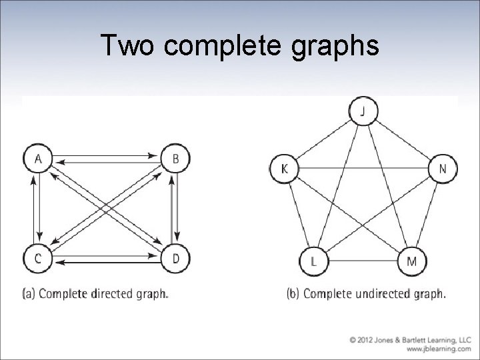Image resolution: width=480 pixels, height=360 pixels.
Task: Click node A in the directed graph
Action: coord(37,159)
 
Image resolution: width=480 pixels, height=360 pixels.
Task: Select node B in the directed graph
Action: coord(175,159)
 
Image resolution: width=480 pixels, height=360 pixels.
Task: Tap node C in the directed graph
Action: coord(37,259)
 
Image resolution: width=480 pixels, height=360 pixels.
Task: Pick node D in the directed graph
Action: coord(175,259)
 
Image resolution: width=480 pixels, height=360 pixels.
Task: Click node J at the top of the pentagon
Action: coord(363,111)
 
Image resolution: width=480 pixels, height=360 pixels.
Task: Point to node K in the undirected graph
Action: coord(285,169)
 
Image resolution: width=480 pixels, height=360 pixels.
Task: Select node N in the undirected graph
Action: coord(443,169)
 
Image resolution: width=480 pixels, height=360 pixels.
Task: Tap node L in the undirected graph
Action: coord(313,261)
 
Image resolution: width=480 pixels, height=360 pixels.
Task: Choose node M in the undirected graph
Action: coord(411,261)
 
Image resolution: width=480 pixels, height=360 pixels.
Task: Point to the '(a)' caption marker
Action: coord(29,293)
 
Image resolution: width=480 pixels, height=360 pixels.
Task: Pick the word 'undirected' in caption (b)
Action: coord(379,293)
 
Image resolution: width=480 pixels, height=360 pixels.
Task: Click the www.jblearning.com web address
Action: coord(436,349)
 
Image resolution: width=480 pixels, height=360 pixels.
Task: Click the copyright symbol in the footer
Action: coord(352,339)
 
